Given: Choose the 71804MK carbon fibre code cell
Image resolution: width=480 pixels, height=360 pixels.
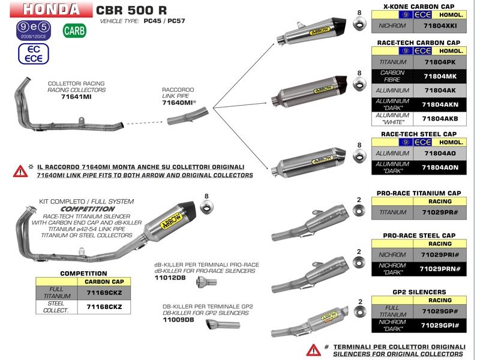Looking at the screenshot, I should (x=441, y=76).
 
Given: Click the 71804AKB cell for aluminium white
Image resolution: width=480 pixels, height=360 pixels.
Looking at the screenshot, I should (x=441, y=118).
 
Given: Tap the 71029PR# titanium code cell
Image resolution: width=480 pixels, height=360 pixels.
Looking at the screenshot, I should (x=441, y=212).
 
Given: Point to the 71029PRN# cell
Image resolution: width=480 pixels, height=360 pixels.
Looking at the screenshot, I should (x=441, y=268).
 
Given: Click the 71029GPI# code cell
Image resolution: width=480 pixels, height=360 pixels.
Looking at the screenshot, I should (x=441, y=325).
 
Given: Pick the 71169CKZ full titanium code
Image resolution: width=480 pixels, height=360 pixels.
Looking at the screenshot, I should (x=104, y=292).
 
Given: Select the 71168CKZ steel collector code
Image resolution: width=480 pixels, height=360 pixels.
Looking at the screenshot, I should (x=104, y=307).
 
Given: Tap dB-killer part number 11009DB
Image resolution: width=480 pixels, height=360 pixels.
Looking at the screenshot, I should (x=178, y=320).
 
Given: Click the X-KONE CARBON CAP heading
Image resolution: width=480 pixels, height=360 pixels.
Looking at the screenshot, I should (x=418, y=5).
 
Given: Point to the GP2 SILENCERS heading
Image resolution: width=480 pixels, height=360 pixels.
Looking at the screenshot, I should (x=418, y=292).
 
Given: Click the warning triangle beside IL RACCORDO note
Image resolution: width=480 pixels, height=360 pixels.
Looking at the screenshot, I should (x=20, y=171).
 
